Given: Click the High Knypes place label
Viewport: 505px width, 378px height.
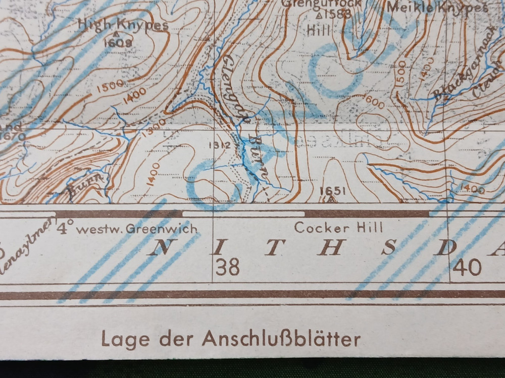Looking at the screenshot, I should (123, 24).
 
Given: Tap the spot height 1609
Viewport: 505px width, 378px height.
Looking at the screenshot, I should (118, 43).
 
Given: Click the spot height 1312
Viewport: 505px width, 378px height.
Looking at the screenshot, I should (219, 145).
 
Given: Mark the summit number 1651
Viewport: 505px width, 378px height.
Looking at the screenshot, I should (333, 191).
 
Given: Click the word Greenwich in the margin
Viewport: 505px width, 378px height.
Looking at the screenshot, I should (162, 229).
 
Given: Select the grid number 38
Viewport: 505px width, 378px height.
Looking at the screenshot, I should (227, 267).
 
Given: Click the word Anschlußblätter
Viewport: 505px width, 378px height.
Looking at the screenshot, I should (281, 339).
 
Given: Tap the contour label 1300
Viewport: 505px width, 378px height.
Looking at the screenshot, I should (154, 130).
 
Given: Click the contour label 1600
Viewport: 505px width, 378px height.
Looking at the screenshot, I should (374, 101).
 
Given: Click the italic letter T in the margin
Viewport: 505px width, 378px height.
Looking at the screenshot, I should (273, 247).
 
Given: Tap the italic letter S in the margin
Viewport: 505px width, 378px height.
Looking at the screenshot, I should (388, 247).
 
